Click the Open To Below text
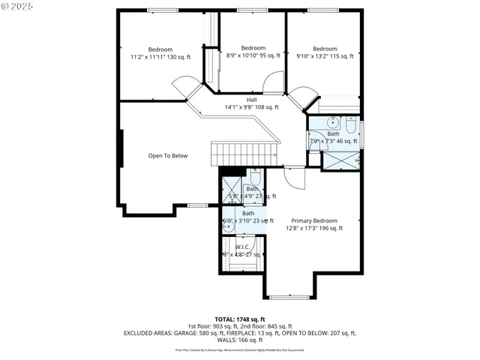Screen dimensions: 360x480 coord(167,156)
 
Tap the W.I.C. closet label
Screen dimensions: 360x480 coord(242,247)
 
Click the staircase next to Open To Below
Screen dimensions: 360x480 coord(244,154)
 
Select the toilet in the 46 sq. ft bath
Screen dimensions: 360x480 coord(351,124)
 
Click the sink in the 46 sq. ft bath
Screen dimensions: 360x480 coord(332,124)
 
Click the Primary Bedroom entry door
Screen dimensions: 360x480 coord(295,178)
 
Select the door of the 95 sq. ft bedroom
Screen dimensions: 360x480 coord(274,82)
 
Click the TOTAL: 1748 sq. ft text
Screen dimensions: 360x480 coord(239,319)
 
